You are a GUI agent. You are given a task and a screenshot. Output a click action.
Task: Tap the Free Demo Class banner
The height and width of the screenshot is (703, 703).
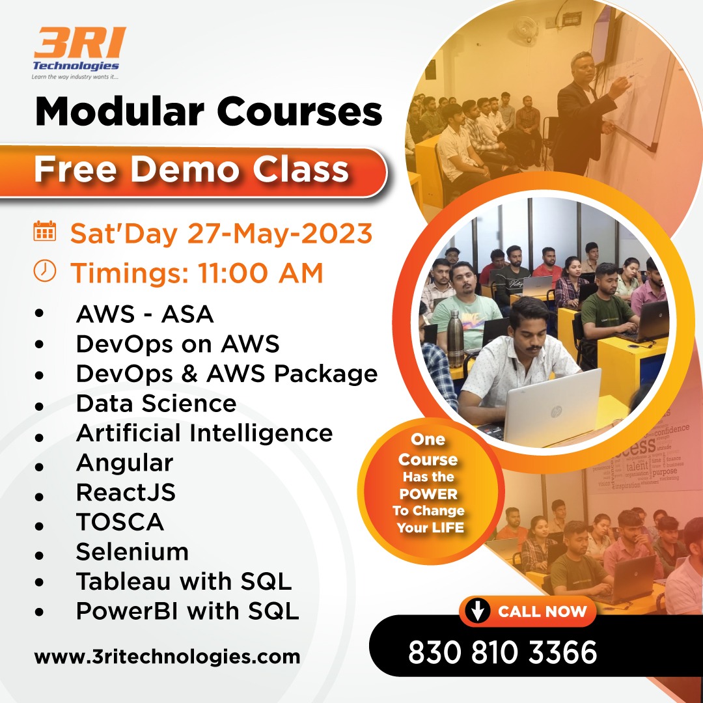pyautogui.click(x=192, y=171)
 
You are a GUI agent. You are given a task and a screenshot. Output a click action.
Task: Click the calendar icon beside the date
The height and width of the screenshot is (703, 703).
pyautogui.click(x=45, y=232)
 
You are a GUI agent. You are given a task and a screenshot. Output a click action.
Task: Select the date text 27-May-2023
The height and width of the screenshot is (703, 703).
pyautogui.click(x=280, y=234)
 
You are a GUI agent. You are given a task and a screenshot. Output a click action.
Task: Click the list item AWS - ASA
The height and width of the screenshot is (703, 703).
pyautogui.click(x=145, y=314)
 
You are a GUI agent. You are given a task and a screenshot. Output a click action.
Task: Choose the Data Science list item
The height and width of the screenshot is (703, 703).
pyautogui.click(x=156, y=404)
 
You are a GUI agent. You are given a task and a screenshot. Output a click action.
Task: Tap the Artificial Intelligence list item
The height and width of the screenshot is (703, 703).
pyautogui.click(x=204, y=433)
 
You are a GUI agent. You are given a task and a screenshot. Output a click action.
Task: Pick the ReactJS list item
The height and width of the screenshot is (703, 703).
pyautogui.click(x=126, y=492)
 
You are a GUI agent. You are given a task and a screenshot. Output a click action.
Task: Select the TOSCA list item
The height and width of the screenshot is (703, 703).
pyautogui.click(x=120, y=522)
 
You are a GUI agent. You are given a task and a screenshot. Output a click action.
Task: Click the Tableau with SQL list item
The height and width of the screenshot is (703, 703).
pyautogui.click(x=184, y=581)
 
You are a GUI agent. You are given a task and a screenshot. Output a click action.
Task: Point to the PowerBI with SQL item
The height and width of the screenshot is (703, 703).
pyautogui.click(x=187, y=611)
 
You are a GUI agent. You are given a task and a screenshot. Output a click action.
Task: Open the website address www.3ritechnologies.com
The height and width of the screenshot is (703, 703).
pyautogui.click(x=167, y=655)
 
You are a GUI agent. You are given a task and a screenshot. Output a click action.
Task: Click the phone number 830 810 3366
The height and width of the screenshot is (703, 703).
pyautogui.click(x=503, y=652)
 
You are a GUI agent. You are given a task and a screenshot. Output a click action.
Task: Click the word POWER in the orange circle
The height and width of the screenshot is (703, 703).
pyautogui.click(x=428, y=494)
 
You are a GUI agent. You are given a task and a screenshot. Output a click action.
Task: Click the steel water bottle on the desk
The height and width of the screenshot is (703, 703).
pyautogui.click(x=456, y=338)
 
